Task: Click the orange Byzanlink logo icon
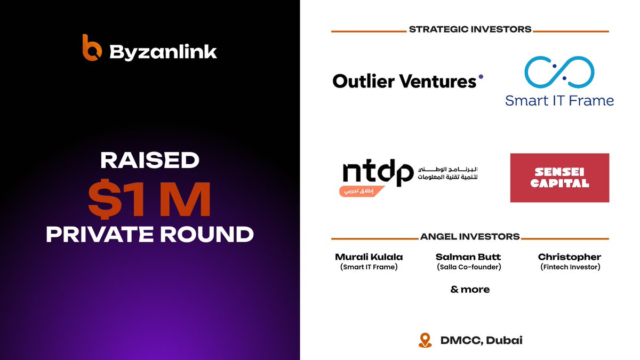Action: point(92,48)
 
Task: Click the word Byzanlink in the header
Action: point(163,52)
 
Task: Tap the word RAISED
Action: point(149,161)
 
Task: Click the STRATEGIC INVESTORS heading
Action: point(470,29)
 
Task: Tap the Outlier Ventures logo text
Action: point(404,81)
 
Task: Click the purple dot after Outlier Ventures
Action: point(481,76)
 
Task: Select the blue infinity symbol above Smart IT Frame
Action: point(559,73)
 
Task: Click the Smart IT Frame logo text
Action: point(559,100)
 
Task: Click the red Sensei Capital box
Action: point(559,178)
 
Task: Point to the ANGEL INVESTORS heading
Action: point(470,236)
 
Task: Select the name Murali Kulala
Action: point(369,257)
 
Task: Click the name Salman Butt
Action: point(468,257)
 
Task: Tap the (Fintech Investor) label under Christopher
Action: point(570,267)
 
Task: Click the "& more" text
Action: point(470,290)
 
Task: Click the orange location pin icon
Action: point(425,340)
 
